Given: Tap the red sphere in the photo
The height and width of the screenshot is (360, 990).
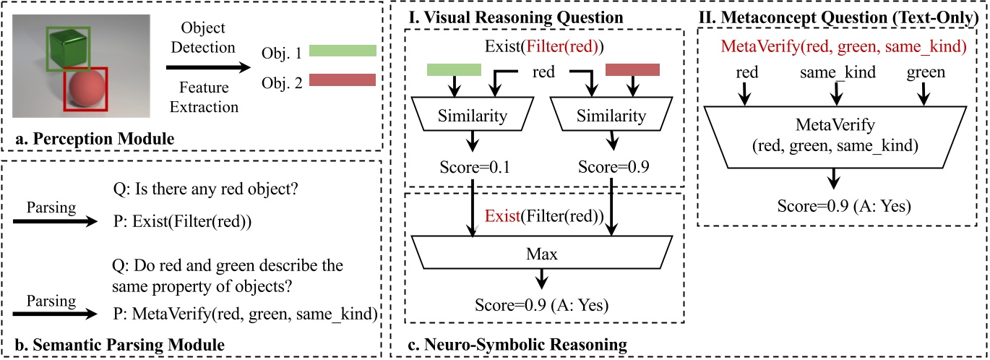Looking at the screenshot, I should coord(85,90).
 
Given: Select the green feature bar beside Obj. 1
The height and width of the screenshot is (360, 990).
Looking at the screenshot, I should coord(343,51).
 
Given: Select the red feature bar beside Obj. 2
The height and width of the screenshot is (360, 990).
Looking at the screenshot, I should coord(343,80).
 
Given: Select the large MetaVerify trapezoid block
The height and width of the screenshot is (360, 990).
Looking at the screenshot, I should coord(836,137).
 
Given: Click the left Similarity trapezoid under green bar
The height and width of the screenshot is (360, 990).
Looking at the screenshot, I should coord(473,116).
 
